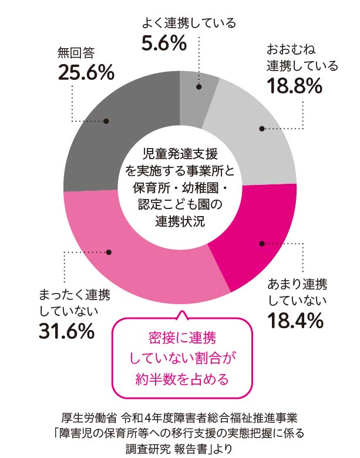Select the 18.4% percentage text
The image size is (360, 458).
point(295,321)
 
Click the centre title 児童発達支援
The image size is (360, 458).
point(180,154)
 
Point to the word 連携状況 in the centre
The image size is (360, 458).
point(180,221)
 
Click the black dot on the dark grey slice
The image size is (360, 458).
point(106,122)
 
